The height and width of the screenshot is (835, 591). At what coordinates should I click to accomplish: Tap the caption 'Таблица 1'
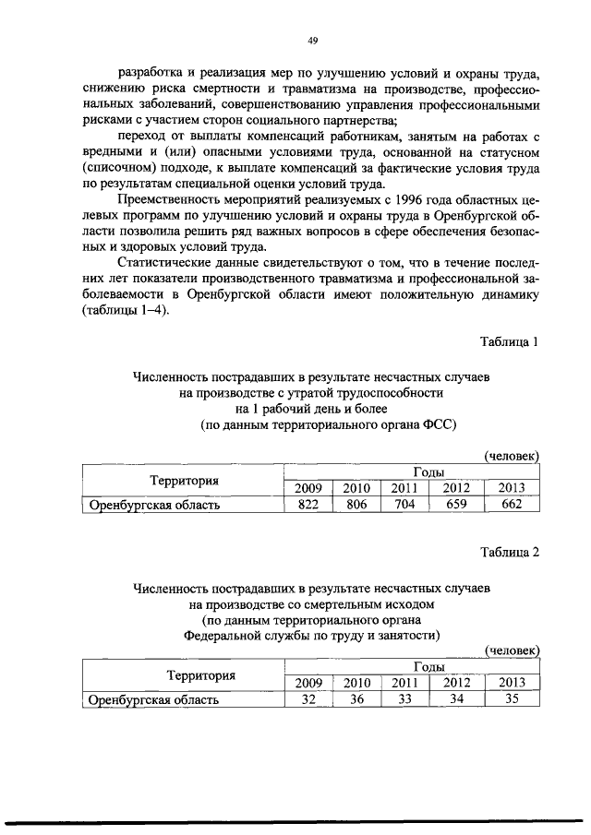(x=509, y=341)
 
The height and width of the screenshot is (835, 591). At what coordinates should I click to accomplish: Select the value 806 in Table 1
(x=356, y=504)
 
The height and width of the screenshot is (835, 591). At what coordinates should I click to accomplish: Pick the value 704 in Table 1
(x=404, y=504)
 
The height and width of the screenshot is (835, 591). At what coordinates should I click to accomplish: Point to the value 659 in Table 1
(x=456, y=504)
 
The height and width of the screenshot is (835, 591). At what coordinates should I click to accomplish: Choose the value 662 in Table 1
(x=511, y=504)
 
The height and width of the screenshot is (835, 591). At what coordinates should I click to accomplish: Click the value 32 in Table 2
(x=308, y=699)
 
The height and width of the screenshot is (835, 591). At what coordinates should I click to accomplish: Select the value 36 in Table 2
(x=356, y=699)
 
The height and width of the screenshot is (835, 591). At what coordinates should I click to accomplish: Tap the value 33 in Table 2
(x=404, y=699)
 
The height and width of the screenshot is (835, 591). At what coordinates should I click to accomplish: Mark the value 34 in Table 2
(x=456, y=699)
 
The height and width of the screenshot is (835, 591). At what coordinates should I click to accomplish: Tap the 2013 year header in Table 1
(x=511, y=488)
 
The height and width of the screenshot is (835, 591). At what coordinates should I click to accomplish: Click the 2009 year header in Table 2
(x=308, y=683)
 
